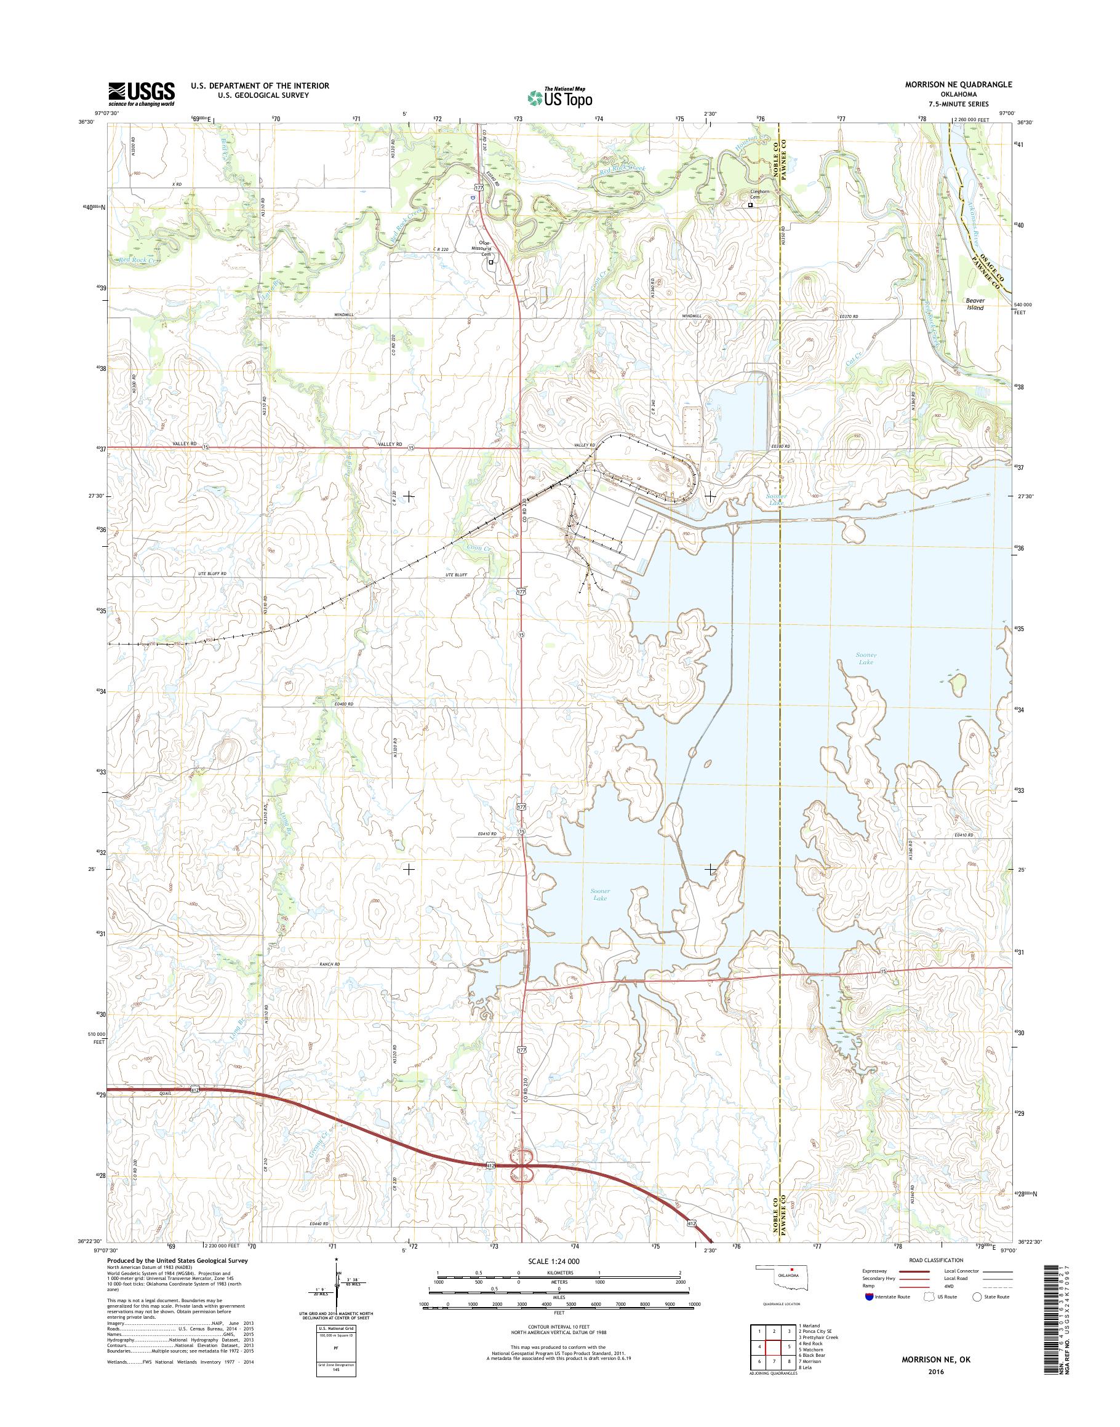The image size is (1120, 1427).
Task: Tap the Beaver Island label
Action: (975, 304)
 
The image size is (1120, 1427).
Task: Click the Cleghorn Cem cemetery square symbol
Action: (751, 205)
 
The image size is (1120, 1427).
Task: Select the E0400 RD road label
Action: (343, 704)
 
